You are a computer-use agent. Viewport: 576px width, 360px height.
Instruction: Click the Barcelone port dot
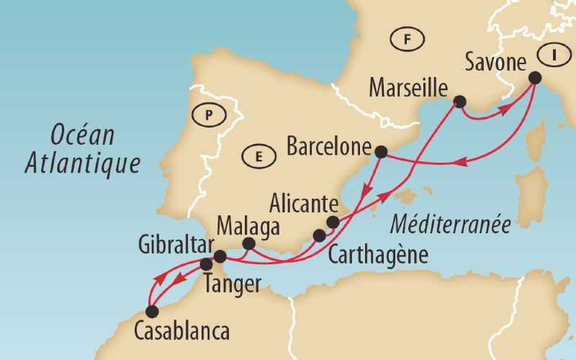coord(382,152)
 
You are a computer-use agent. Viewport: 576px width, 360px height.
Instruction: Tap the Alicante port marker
coord(333,222)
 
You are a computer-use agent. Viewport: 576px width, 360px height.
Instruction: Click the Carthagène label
coord(377,255)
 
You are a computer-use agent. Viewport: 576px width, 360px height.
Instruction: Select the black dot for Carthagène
coord(320,235)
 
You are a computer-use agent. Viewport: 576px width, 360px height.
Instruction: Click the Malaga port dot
coord(248,244)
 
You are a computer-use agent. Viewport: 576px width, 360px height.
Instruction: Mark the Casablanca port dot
coord(151,312)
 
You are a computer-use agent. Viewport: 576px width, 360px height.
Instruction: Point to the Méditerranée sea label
coord(451,225)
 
